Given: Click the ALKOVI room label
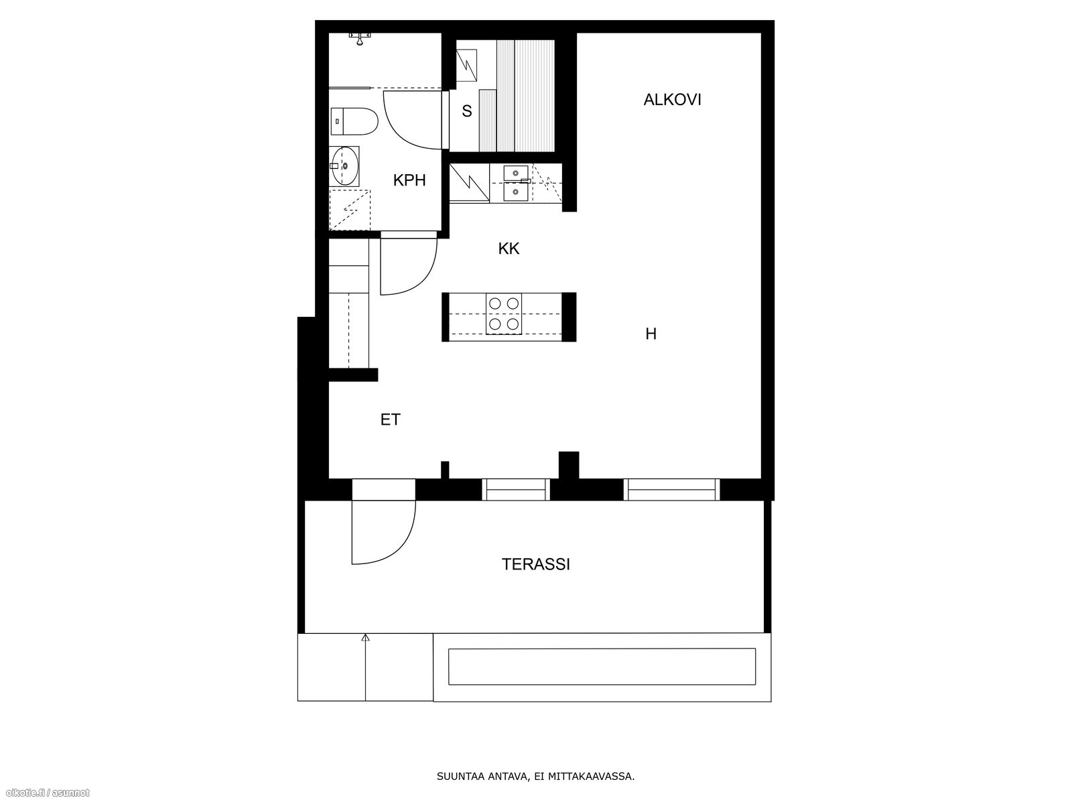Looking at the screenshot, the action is (x=672, y=100).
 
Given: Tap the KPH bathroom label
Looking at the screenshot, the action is (x=409, y=180).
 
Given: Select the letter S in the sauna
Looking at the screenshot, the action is (x=467, y=111).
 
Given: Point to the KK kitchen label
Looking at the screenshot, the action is (x=509, y=249).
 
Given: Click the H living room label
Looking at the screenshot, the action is (x=651, y=334).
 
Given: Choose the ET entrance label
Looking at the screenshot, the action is (x=390, y=419).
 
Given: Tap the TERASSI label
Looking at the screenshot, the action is (x=536, y=564).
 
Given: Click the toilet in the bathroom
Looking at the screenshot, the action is (x=354, y=121).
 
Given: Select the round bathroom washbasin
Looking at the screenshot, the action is (x=345, y=166).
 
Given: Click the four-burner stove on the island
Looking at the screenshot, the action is (x=504, y=314).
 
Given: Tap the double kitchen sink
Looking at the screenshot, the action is (x=516, y=183).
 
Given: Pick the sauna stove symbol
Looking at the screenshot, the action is (x=466, y=65).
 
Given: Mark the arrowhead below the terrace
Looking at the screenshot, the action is (x=365, y=638).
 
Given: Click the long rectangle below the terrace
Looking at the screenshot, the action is (x=602, y=667).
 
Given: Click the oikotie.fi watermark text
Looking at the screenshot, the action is (x=45, y=793).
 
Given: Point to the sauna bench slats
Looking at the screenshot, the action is (x=525, y=96).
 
